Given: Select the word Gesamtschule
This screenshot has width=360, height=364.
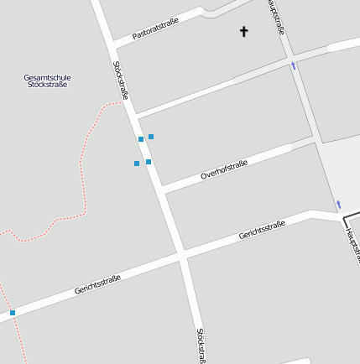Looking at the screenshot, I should [x=47, y=78].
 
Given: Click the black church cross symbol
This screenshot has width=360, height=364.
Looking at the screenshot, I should [x=244, y=32].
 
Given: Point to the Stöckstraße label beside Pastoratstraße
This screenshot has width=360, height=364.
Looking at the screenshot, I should [x=120, y=81].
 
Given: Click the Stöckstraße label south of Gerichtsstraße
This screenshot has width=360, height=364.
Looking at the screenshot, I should [x=201, y=345].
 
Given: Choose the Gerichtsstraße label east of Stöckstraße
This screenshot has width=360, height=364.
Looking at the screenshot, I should [x=262, y=230].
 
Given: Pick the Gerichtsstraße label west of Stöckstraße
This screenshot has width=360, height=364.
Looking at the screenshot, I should [x=97, y=284].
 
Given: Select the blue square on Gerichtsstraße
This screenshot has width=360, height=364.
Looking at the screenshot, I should [x=13, y=313].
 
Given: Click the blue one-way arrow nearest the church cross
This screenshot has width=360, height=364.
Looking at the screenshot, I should [x=293, y=65].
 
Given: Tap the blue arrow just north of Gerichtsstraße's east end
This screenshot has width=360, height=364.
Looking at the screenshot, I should [x=338, y=204].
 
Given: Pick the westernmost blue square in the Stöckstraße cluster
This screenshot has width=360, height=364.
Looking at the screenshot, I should [x=137, y=164].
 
